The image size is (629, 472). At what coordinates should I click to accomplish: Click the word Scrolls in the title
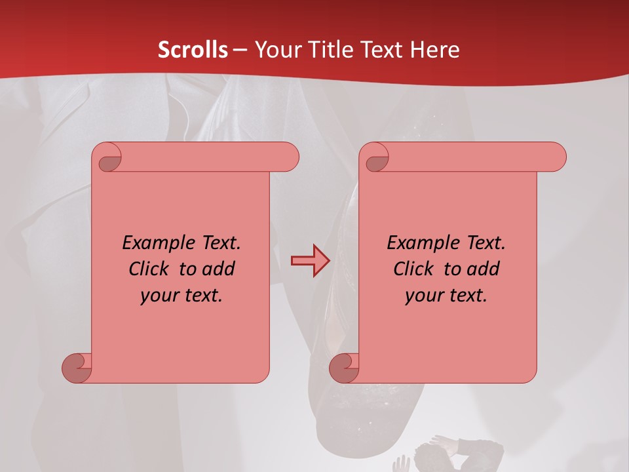pyautogui.click(x=193, y=50)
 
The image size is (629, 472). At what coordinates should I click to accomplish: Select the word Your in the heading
pyautogui.click(x=275, y=50)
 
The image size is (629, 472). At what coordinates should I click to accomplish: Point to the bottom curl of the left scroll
pyautogui.click(x=77, y=367)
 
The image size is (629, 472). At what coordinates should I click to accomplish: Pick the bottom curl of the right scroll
pyautogui.click(x=345, y=367)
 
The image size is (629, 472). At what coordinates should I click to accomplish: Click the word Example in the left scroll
pyautogui.click(x=157, y=243)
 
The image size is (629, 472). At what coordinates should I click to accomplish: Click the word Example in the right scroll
pyautogui.click(x=421, y=243)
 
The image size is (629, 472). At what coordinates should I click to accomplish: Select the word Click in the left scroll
pyautogui.click(x=149, y=269)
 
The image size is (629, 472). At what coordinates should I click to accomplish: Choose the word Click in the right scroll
pyautogui.click(x=413, y=269)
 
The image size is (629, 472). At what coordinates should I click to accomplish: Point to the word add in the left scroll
pyautogui.click(x=219, y=269)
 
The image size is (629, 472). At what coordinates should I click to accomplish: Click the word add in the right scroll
pyautogui.click(x=484, y=269)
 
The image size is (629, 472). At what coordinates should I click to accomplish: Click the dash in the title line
pyautogui.click(x=240, y=50)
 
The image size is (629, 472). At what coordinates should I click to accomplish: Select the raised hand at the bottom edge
pyautogui.click(x=400, y=465)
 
